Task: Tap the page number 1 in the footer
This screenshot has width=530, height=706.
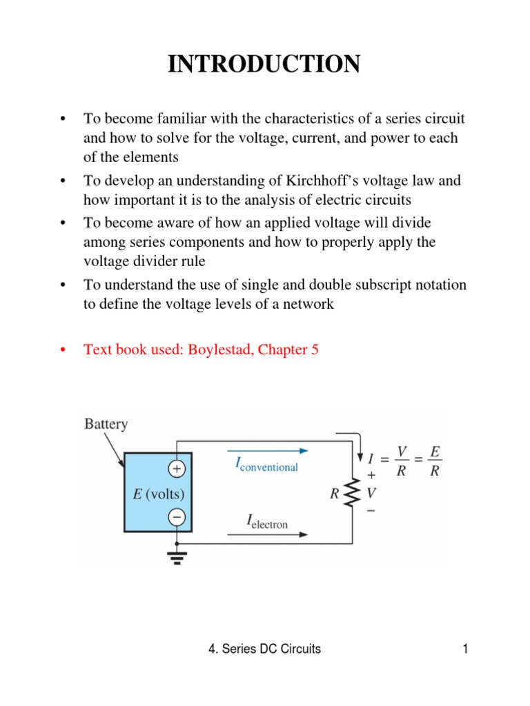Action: (x=467, y=649)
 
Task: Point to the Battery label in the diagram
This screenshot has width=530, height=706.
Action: (x=106, y=423)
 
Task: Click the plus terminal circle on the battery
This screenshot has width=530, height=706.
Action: (x=176, y=469)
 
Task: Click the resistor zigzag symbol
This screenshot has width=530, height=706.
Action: (x=353, y=494)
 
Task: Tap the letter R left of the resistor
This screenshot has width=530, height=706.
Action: (x=335, y=494)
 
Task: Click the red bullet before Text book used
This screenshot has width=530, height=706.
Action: (x=63, y=350)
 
